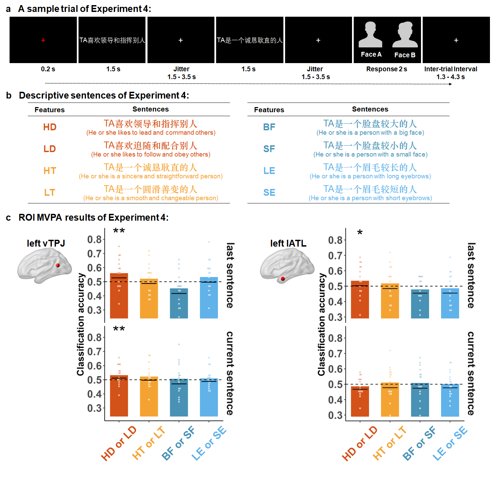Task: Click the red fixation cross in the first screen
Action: coord(43,40)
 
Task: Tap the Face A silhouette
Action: coord(370,35)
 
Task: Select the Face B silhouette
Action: coord(405,35)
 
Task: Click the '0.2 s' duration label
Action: coord(48,69)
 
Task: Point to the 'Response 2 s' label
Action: coord(386,69)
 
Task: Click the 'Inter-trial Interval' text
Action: coord(450,69)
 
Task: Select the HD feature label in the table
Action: coord(50,127)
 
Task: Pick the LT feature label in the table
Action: coord(50,193)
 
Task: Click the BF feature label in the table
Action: coord(269,127)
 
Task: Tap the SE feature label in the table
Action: coord(269,193)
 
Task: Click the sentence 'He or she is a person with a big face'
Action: coord(370,133)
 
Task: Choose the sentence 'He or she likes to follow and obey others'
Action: coord(151,154)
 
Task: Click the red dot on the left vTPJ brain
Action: coord(58,265)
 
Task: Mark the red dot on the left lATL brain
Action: coord(283,279)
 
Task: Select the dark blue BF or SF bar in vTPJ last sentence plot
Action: coord(179,304)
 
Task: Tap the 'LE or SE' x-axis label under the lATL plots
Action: coord(450,443)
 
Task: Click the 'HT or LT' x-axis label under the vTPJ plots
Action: coord(149,443)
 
